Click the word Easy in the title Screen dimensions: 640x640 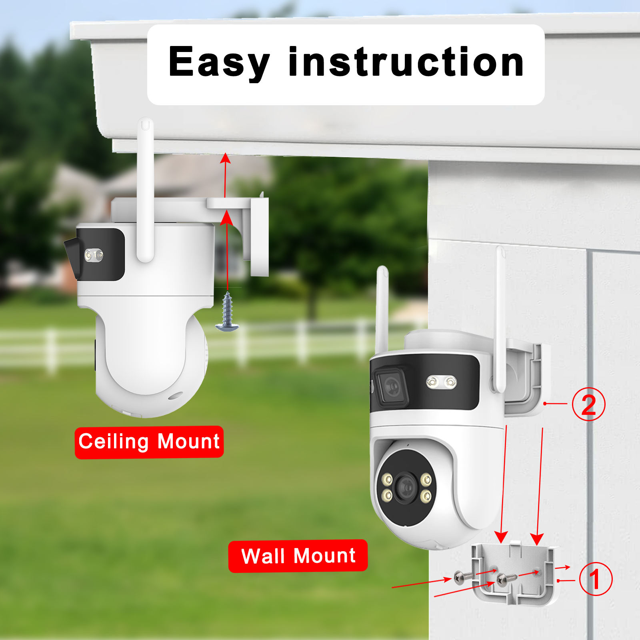pos(219,62)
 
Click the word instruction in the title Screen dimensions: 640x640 pos(406,62)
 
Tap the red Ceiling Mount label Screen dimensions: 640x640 pos(149,442)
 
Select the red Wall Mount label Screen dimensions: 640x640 pos(298,556)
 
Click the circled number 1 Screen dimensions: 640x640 pos(596,579)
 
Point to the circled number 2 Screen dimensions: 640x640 pos(588,404)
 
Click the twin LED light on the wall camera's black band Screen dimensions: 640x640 pos(441,382)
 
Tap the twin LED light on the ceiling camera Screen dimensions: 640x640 pos(94,255)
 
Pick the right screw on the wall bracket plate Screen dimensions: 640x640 pos(506,578)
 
